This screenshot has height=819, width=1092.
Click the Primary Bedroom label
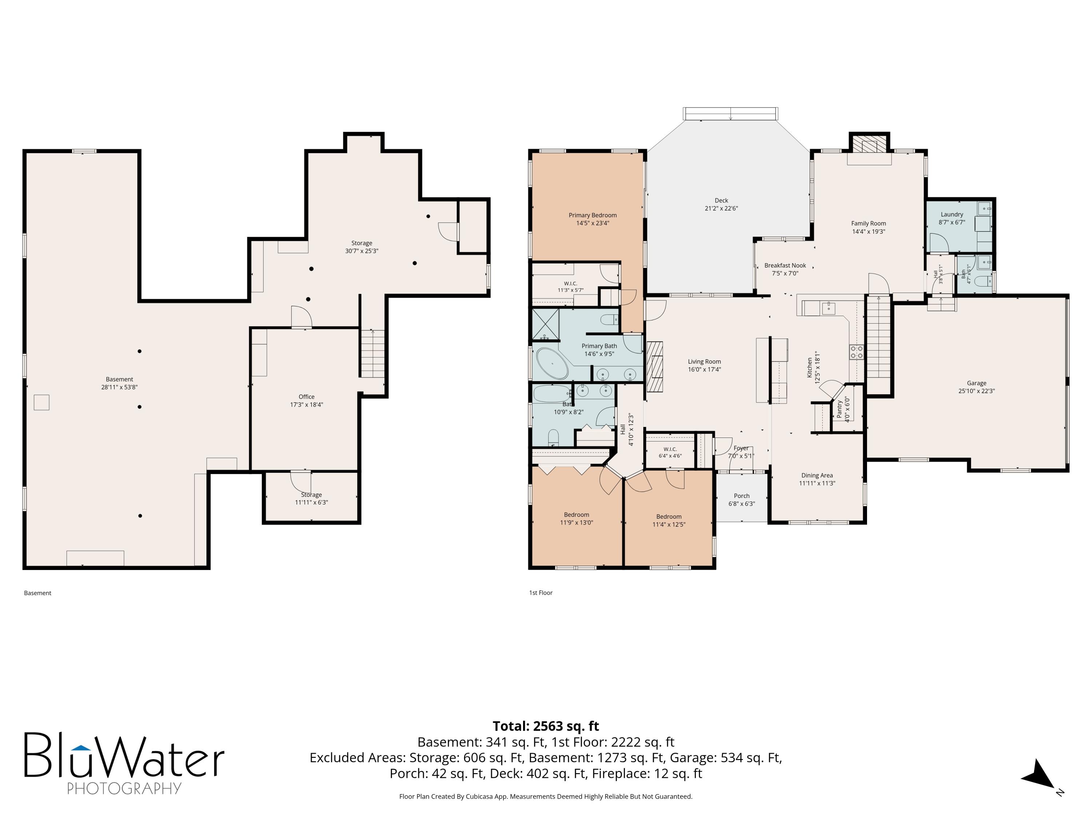coord(592,215)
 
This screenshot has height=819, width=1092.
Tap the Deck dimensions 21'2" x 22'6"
coord(721,208)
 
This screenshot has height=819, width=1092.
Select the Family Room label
coord(869,223)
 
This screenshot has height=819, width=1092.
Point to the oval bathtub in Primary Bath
coord(553,363)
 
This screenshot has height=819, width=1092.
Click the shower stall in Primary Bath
coord(546,324)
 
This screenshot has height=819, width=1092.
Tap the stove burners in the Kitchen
coord(856,352)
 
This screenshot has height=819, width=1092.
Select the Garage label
coord(977,383)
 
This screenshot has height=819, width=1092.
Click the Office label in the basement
coord(306,396)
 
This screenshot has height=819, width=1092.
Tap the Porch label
coord(741,496)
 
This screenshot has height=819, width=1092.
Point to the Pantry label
coord(839,409)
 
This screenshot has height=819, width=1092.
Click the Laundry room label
coord(952,214)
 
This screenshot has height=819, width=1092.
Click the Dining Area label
coord(817,475)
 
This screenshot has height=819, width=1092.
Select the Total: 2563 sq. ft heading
coord(546,726)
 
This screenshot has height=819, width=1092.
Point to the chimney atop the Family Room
coord(869,144)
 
